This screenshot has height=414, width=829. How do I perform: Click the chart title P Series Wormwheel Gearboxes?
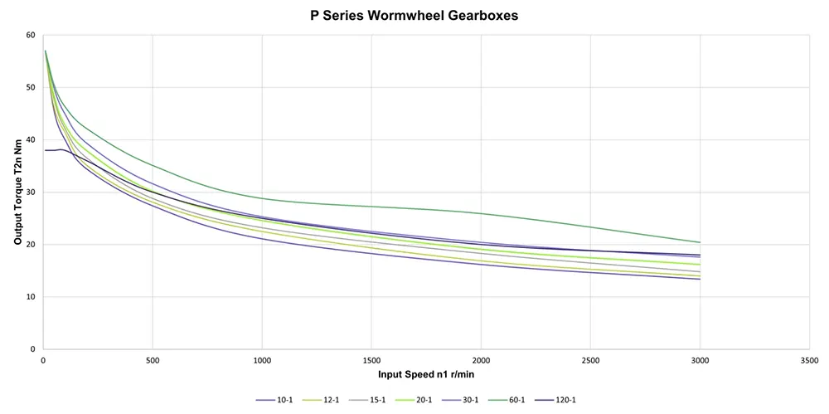[414, 15]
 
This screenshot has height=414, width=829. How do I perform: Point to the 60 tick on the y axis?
[31, 35]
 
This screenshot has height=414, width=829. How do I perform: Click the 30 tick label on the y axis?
[31, 192]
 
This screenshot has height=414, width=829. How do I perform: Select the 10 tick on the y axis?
[31, 297]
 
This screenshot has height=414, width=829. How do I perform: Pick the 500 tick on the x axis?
[153, 361]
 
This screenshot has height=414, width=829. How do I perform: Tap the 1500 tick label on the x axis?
[371, 361]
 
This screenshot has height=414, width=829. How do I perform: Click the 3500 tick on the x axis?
[809, 361]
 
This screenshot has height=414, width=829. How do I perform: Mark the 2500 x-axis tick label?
[590, 361]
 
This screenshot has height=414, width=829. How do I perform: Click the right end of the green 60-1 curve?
[700, 242]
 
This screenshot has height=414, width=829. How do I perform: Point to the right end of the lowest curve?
[700, 279]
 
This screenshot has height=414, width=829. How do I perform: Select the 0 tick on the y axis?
[33, 349]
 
